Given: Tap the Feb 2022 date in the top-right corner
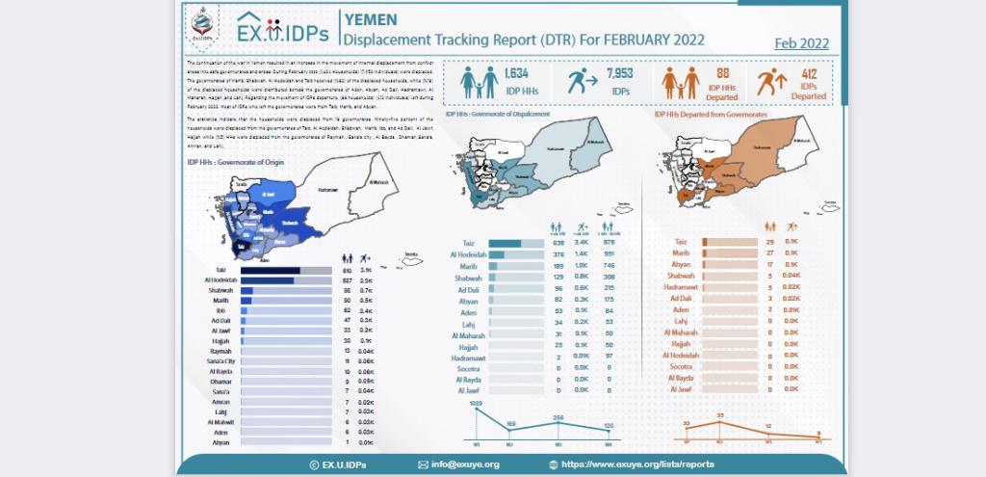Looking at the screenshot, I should pos(801,43).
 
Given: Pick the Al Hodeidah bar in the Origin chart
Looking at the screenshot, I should pos(267,280).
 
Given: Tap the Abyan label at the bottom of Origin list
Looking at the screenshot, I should pos(222,442).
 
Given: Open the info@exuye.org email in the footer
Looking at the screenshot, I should pos(465,464).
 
